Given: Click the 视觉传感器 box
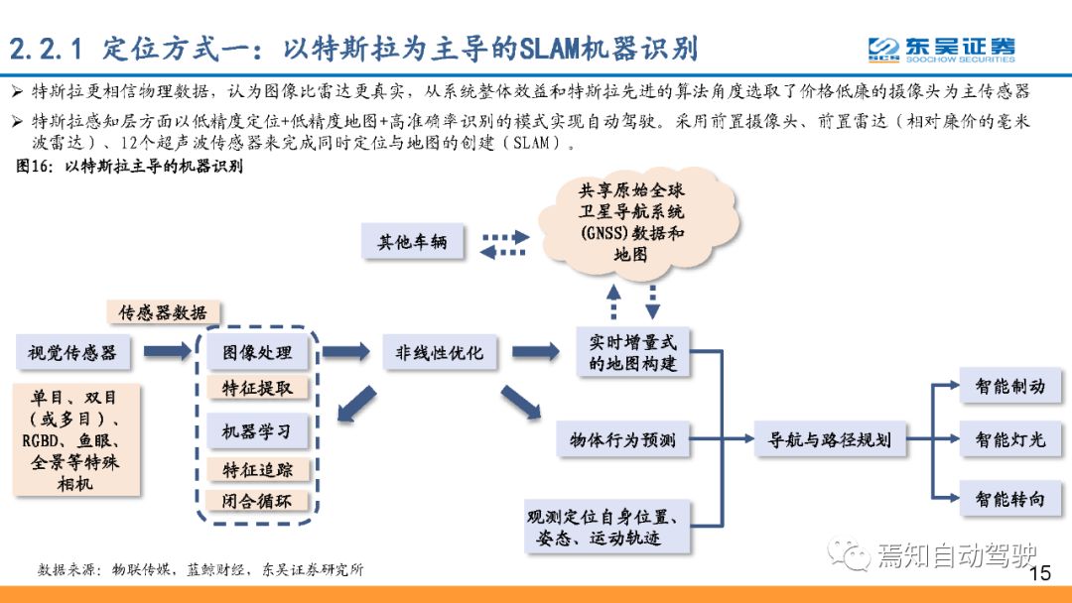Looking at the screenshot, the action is (72, 352).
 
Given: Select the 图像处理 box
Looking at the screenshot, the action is (257, 352).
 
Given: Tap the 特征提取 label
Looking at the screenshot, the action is (257, 388).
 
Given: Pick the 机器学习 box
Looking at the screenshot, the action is (257, 430).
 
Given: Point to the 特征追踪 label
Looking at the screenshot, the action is (257, 470).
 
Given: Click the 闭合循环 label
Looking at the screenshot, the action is (257, 501).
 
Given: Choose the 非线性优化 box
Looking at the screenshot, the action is (440, 352).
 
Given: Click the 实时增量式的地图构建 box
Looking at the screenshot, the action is (633, 352).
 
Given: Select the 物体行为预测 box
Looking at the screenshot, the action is (622, 439).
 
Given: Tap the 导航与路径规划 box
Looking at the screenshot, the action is (829, 439).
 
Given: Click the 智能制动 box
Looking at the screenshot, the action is (1010, 386).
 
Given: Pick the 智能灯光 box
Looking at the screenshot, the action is (1010, 439).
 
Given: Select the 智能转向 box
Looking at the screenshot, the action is (1010, 499).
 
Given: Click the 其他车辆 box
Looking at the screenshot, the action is (412, 241).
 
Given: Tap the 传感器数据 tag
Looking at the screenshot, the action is (164, 312).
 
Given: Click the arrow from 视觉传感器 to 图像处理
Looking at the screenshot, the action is (168, 352).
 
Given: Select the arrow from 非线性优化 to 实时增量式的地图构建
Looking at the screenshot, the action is (535, 352).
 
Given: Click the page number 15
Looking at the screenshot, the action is (1040, 572).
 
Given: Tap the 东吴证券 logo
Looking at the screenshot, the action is (941, 50).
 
